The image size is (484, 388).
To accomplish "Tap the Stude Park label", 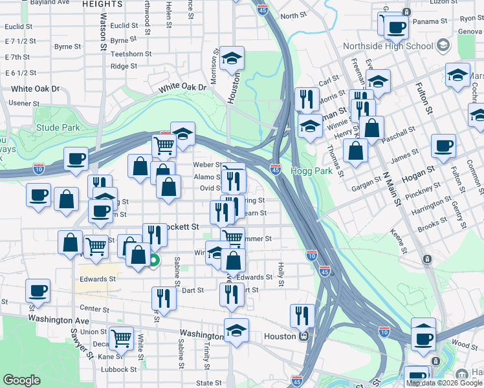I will tap(58, 127).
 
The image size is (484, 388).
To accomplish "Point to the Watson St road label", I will tap(104, 33).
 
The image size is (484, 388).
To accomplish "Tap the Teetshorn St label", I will tap(131, 54).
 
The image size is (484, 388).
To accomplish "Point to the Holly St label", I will tap(281, 274).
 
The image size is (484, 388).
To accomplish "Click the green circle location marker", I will tap(153, 261).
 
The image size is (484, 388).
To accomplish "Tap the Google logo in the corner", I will tap(22, 380).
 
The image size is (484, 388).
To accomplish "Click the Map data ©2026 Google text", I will tap(443, 383).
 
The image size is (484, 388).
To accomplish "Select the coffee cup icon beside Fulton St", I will tap(443, 147).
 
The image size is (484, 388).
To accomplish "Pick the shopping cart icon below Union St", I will tap(122, 338).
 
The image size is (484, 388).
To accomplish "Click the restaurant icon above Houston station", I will tap(302, 316).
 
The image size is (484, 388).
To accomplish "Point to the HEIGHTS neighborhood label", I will tap(102, 4).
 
